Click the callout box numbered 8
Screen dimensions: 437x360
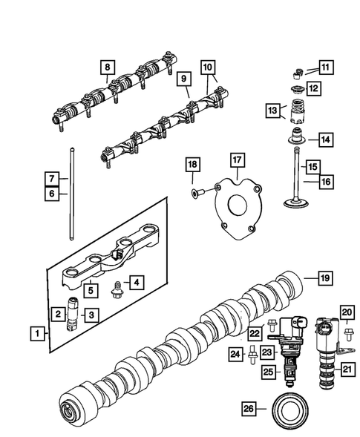pyautogui.click(x=108, y=70)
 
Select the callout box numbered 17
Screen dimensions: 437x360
pyautogui.click(x=236, y=160)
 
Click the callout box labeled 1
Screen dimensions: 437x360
pyautogui.click(x=36, y=335)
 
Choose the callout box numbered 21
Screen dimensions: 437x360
pyautogui.click(x=347, y=366)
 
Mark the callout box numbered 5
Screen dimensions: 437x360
pyautogui.click(x=88, y=289)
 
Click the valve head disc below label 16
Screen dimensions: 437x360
pyautogui.click(x=292, y=203)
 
